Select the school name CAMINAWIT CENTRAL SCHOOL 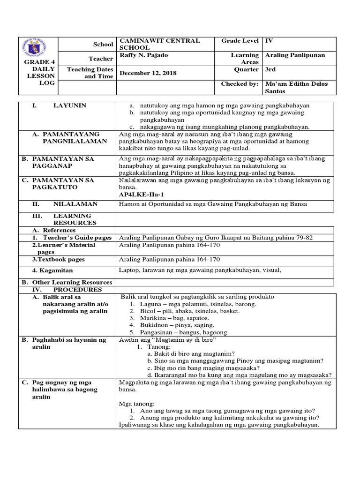(160, 44)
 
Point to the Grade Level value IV (269, 41)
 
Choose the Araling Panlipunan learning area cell (295, 55)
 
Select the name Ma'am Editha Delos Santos (296, 87)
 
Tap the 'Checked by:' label (240, 84)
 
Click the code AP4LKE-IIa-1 (141, 194)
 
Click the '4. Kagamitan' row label (52, 271)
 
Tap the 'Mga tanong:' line (137, 404)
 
